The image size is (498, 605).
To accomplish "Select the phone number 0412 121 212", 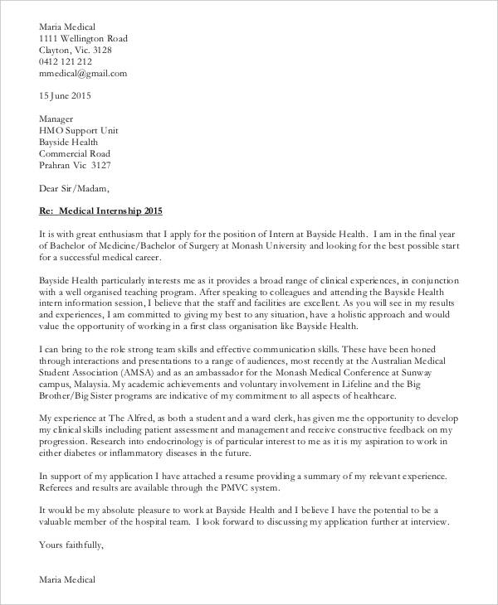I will pos(66,60).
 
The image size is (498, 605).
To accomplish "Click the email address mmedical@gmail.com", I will pos(83,72).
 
